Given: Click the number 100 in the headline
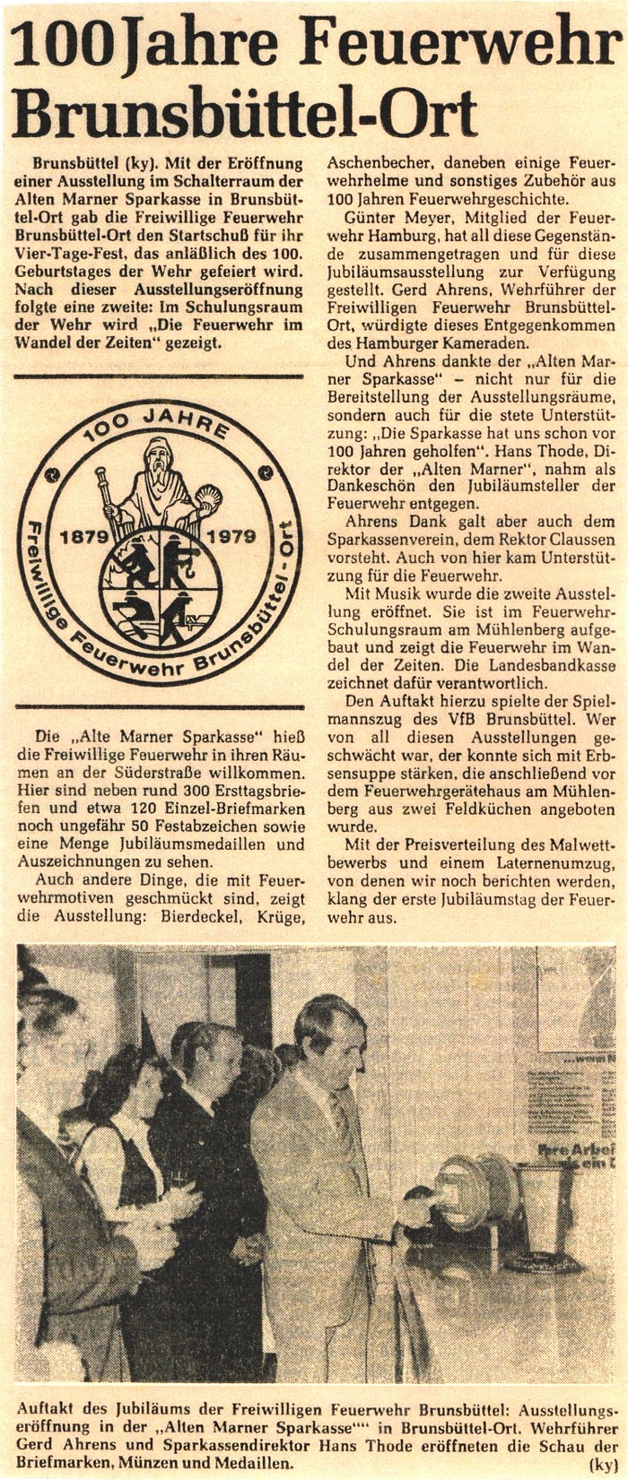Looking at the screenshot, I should (x=62, y=45).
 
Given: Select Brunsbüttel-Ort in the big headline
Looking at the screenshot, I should (x=244, y=115).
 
